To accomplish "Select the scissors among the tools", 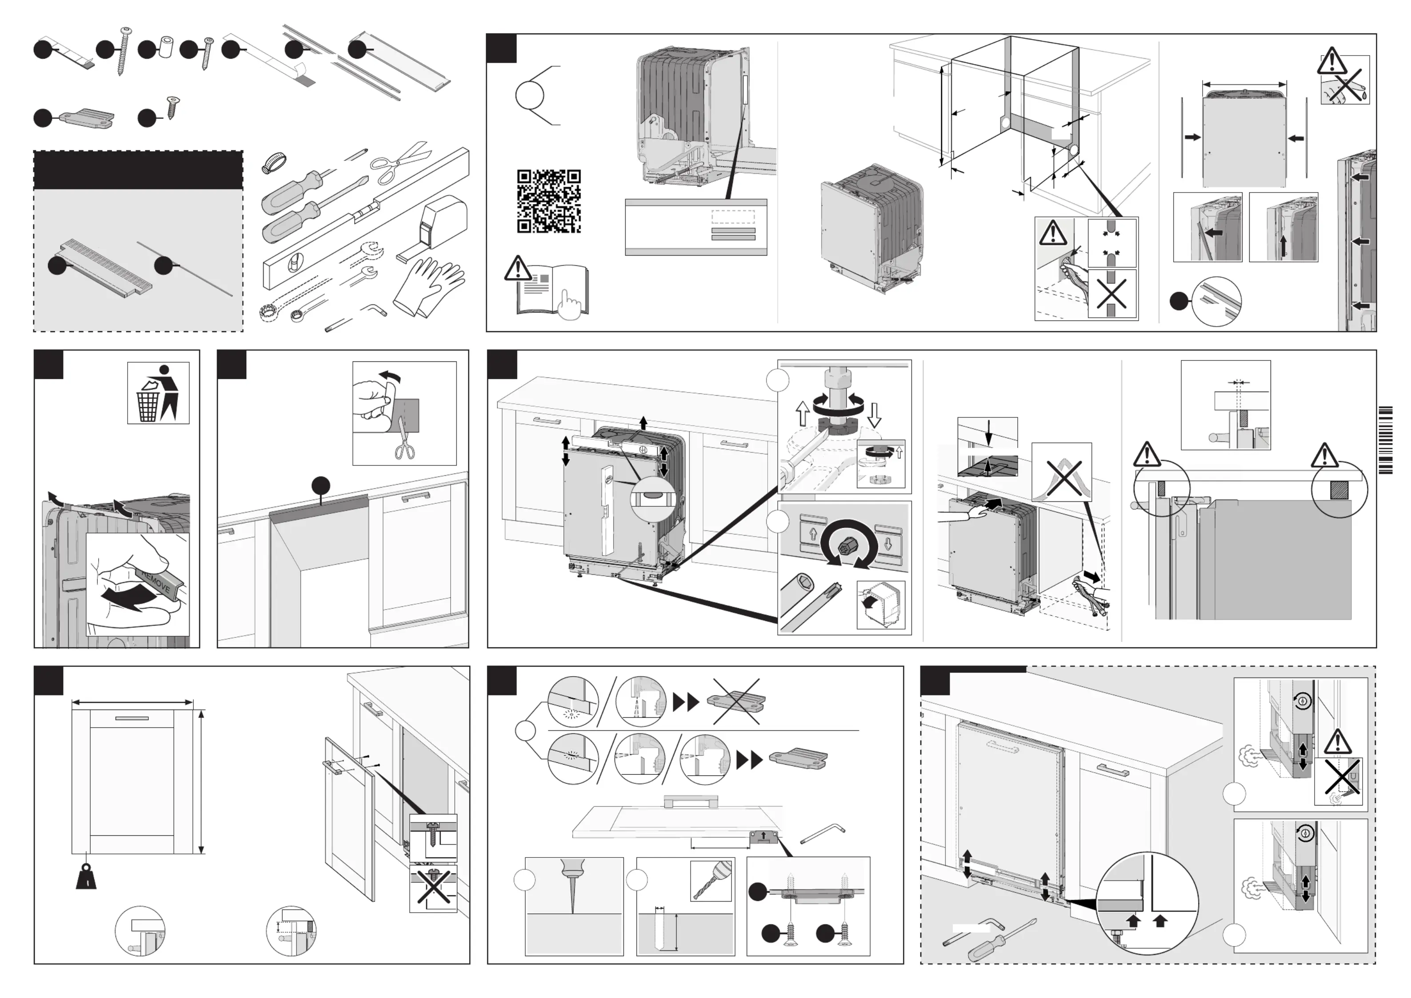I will click(x=398, y=161).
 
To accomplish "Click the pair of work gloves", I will click(x=429, y=286).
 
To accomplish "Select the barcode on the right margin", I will click(x=1385, y=440).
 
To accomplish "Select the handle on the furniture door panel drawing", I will click(x=132, y=717).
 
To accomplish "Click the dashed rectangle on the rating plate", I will click(x=732, y=217).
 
